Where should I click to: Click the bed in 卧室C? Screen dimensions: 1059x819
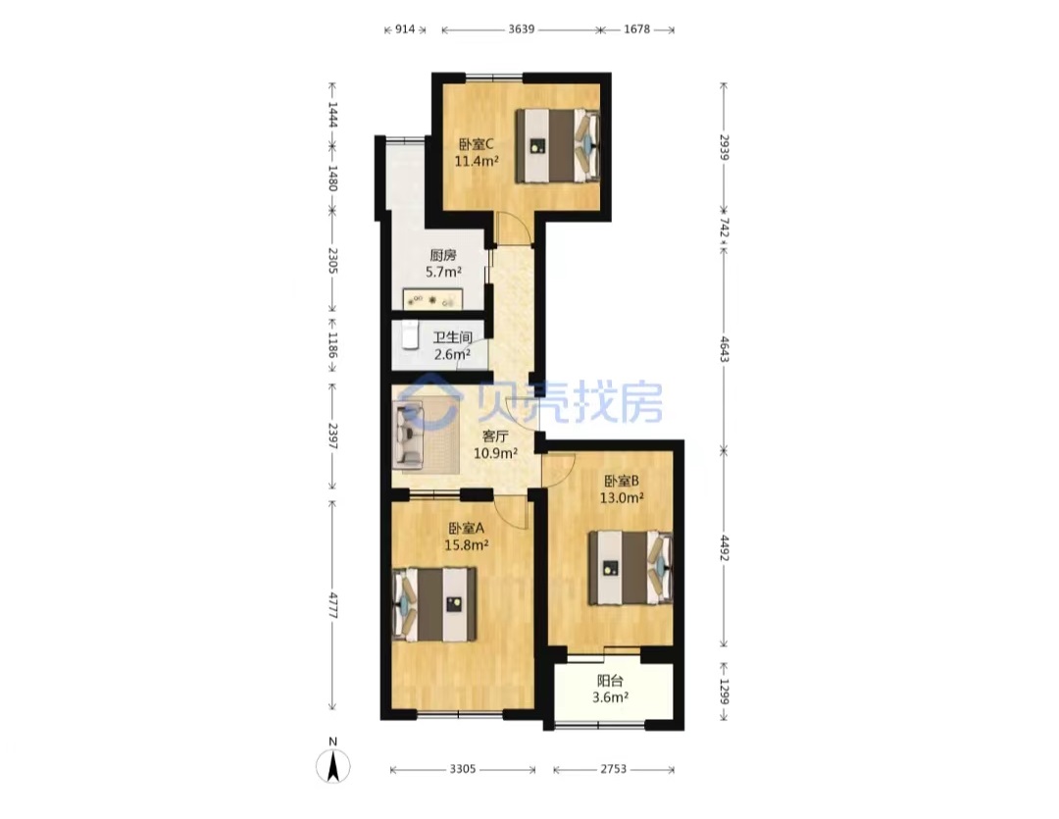coord(558,146)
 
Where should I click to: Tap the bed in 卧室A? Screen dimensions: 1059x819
coord(435,604)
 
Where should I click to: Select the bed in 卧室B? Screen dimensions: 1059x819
coord(630,568)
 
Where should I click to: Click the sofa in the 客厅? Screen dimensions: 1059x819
coord(410,434)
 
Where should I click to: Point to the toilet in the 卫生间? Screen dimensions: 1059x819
coord(410,335)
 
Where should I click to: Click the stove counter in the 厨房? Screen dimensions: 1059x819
coord(432,299)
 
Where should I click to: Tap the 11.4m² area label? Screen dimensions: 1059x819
coord(477,162)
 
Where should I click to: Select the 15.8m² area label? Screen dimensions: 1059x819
coord(466,544)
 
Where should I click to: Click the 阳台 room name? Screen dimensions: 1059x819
coord(610,681)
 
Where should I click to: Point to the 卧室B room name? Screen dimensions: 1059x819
coord(622,482)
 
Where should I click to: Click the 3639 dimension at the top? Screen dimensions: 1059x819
coord(522,29)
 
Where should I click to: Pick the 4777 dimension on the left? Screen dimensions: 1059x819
coord(332,605)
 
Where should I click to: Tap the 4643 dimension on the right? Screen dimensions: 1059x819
coord(724,349)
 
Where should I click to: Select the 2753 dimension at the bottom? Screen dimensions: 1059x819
coord(613,769)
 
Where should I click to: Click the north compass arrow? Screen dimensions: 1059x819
coord(333,767)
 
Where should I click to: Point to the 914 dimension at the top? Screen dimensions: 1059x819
coord(405,29)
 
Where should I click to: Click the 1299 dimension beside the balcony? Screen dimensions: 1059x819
coord(724,691)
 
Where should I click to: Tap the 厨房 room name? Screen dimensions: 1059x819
coord(443,255)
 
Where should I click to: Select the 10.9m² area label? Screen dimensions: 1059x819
coord(495,453)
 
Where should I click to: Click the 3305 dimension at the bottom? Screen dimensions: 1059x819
coord(463,769)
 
